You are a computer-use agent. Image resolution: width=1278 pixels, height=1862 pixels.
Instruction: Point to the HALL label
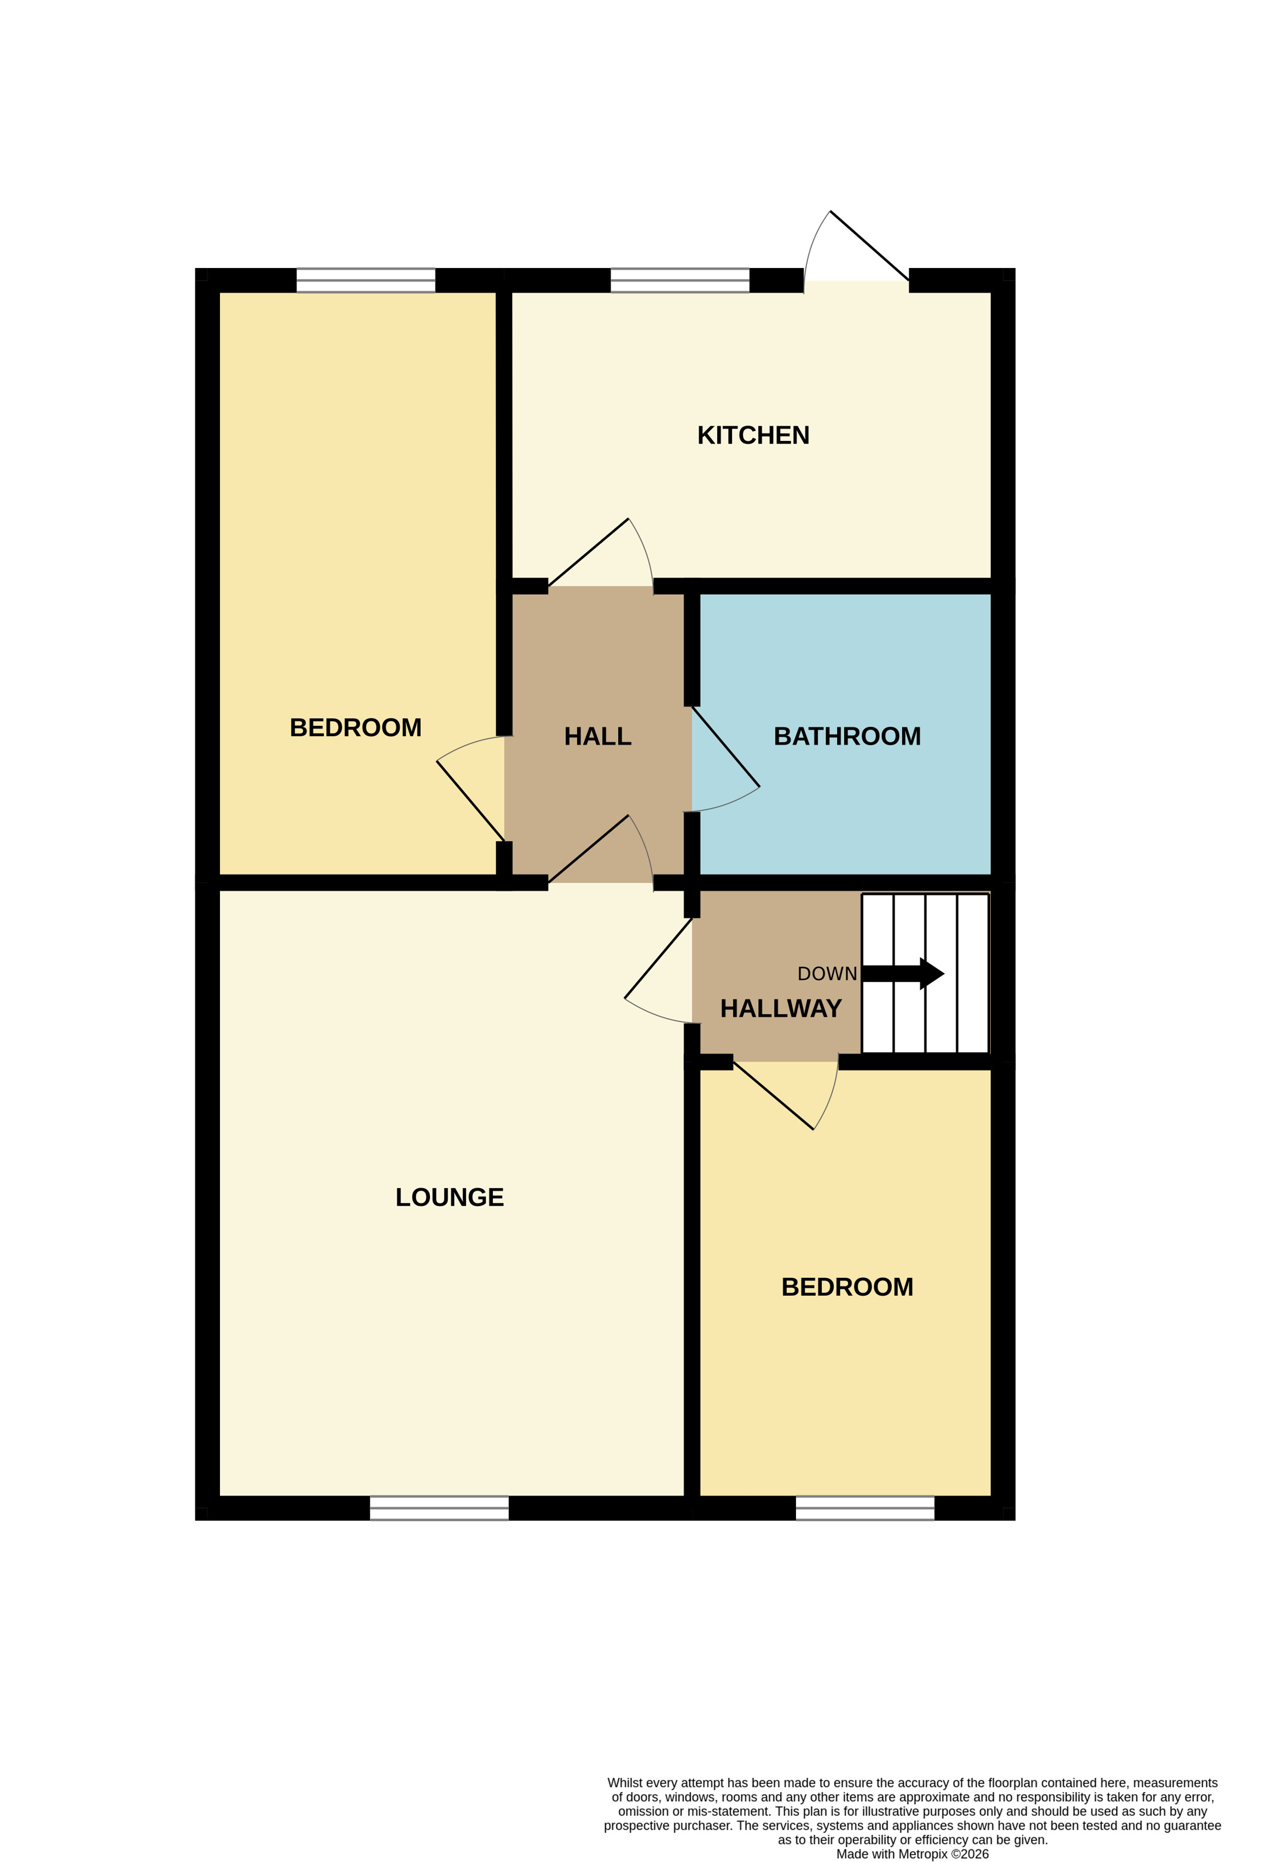point(598,736)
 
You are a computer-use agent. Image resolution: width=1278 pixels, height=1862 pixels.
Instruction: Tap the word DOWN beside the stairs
point(827,974)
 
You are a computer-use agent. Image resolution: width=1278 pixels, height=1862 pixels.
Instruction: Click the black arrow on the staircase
point(903,974)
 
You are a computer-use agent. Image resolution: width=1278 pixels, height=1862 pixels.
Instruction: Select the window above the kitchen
point(679,281)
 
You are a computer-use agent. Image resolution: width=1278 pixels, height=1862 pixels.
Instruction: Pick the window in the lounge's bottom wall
point(439,1508)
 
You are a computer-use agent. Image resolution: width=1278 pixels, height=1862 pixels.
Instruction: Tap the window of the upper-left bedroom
point(365,281)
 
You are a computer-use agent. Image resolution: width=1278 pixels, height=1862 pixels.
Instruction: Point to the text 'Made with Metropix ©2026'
point(912,1853)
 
